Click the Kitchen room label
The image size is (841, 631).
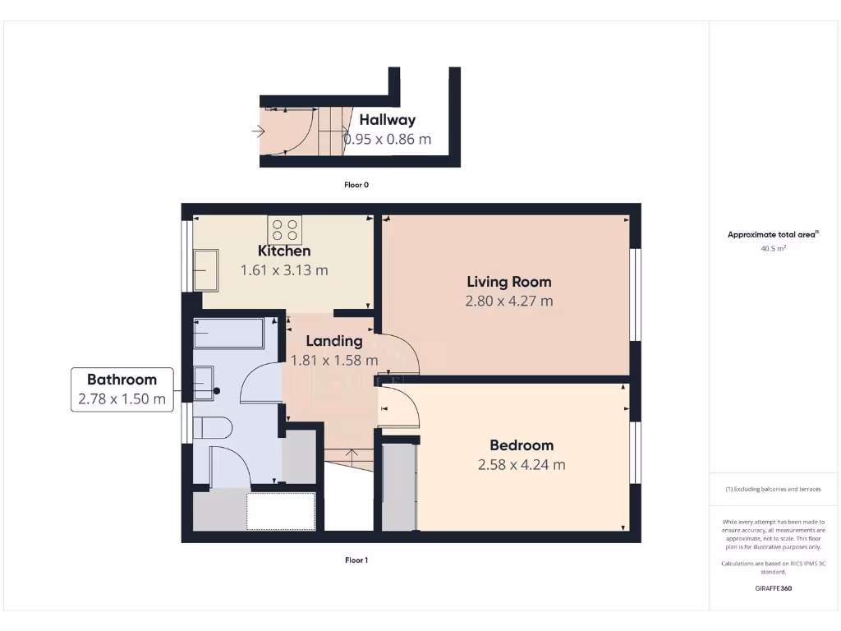tap(284, 251)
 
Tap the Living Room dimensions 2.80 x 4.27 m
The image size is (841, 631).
tap(509, 301)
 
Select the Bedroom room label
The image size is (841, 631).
tap(522, 445)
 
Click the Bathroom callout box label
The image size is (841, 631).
tap(122, 380)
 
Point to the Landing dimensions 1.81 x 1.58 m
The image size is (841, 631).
tap(334, 360)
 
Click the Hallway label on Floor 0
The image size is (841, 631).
tap(387, 120)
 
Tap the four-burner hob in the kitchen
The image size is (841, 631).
tap(285, 229)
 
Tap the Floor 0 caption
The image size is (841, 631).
tap(356, 185)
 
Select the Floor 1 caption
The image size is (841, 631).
tap(356, 560)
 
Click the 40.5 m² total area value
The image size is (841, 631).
tap(773, 247)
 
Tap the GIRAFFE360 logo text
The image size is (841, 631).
tap(773, 588)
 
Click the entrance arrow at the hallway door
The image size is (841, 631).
tap(259, 131)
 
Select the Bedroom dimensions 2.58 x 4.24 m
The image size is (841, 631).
tap(522, 464)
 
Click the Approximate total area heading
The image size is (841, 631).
tap(773, 234)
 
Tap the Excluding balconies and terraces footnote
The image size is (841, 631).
tap(773, 489)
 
